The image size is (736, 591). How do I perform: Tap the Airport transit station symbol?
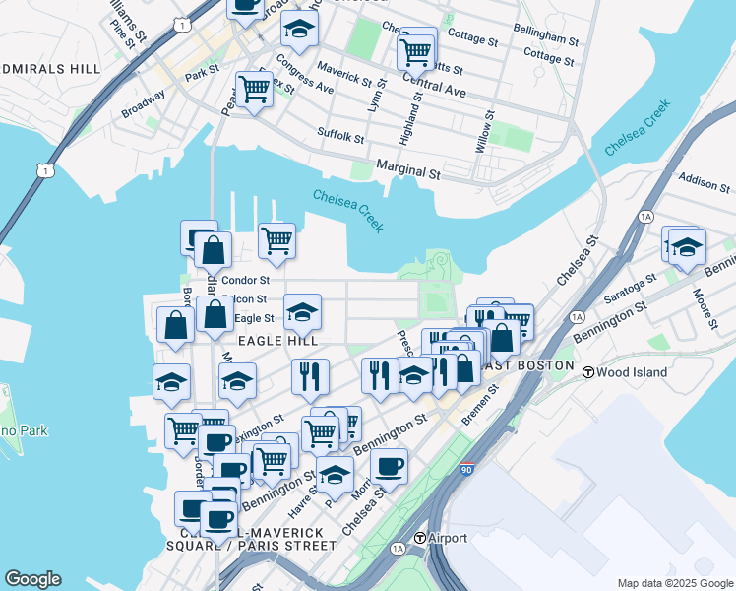click(x=421, y=538)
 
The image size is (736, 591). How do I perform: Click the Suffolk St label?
click(x=340, y=133)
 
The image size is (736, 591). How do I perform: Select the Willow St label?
click(x=485, y=130)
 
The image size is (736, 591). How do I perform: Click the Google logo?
click(x=32, y=579)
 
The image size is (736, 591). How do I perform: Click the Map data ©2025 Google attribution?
click(x=674, y=583)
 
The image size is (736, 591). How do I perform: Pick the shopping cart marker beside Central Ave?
click(x=417, y=49)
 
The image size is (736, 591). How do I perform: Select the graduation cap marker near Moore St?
click(x=688, y=247)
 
